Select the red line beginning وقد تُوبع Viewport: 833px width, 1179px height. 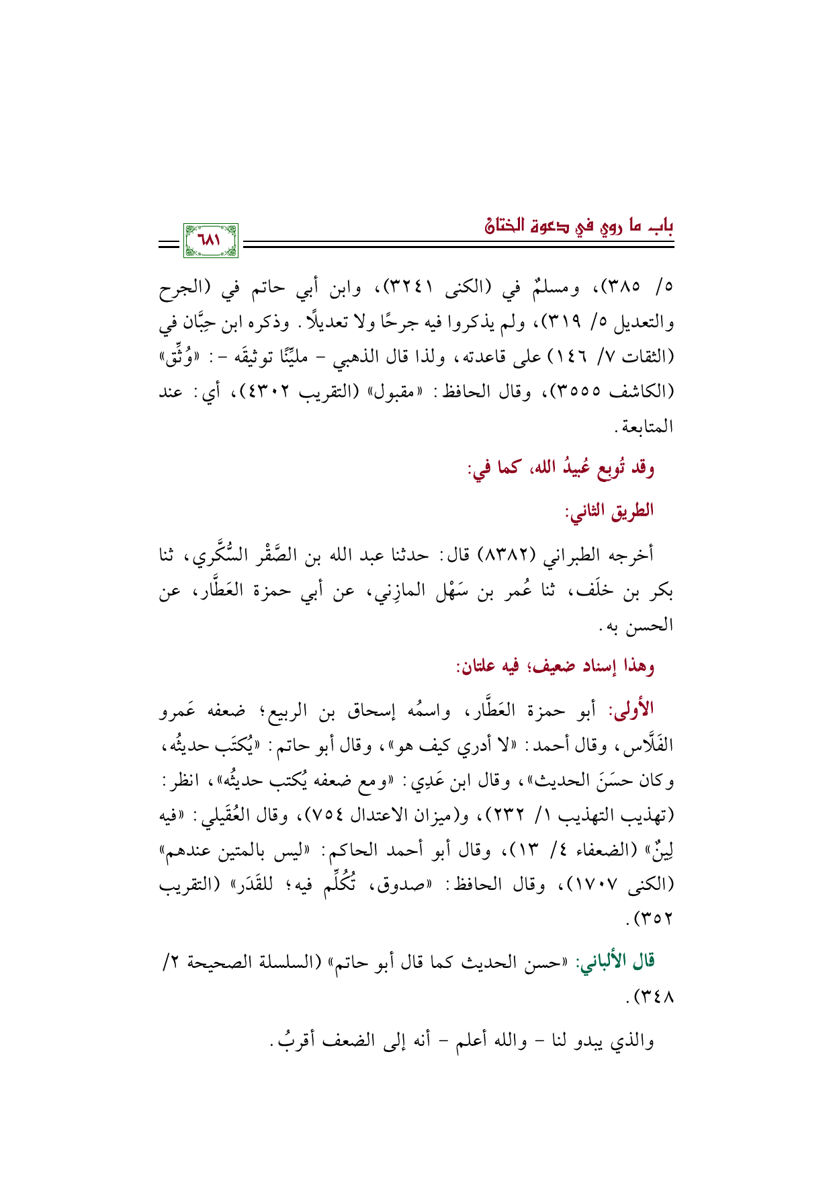[562, 468]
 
